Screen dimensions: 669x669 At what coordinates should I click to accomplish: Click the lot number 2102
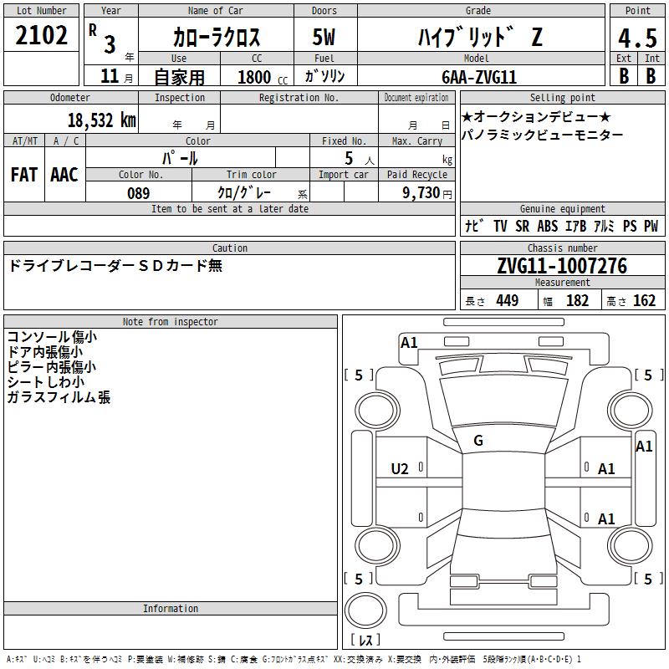click(x=41, y=35)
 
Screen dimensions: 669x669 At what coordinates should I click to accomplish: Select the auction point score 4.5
click(x=637, y=38)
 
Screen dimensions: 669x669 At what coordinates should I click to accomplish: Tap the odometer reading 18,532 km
click(x=102, y=120)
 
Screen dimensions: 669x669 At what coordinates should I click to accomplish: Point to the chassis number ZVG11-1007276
click(x=562, y=266)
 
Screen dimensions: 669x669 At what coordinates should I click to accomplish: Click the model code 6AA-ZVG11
click(x=478, y=77)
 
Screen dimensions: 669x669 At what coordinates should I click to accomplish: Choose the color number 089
click(x=139, y=193)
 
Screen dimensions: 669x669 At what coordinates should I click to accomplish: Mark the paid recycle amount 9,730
click(x=421, y=193)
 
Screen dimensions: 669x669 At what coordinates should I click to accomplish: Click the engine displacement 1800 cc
click(x=263, y=77)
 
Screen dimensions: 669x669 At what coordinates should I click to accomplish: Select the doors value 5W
click(x=324, y=37)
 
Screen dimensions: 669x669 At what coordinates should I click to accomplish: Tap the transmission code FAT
click(x=24, y=175)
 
